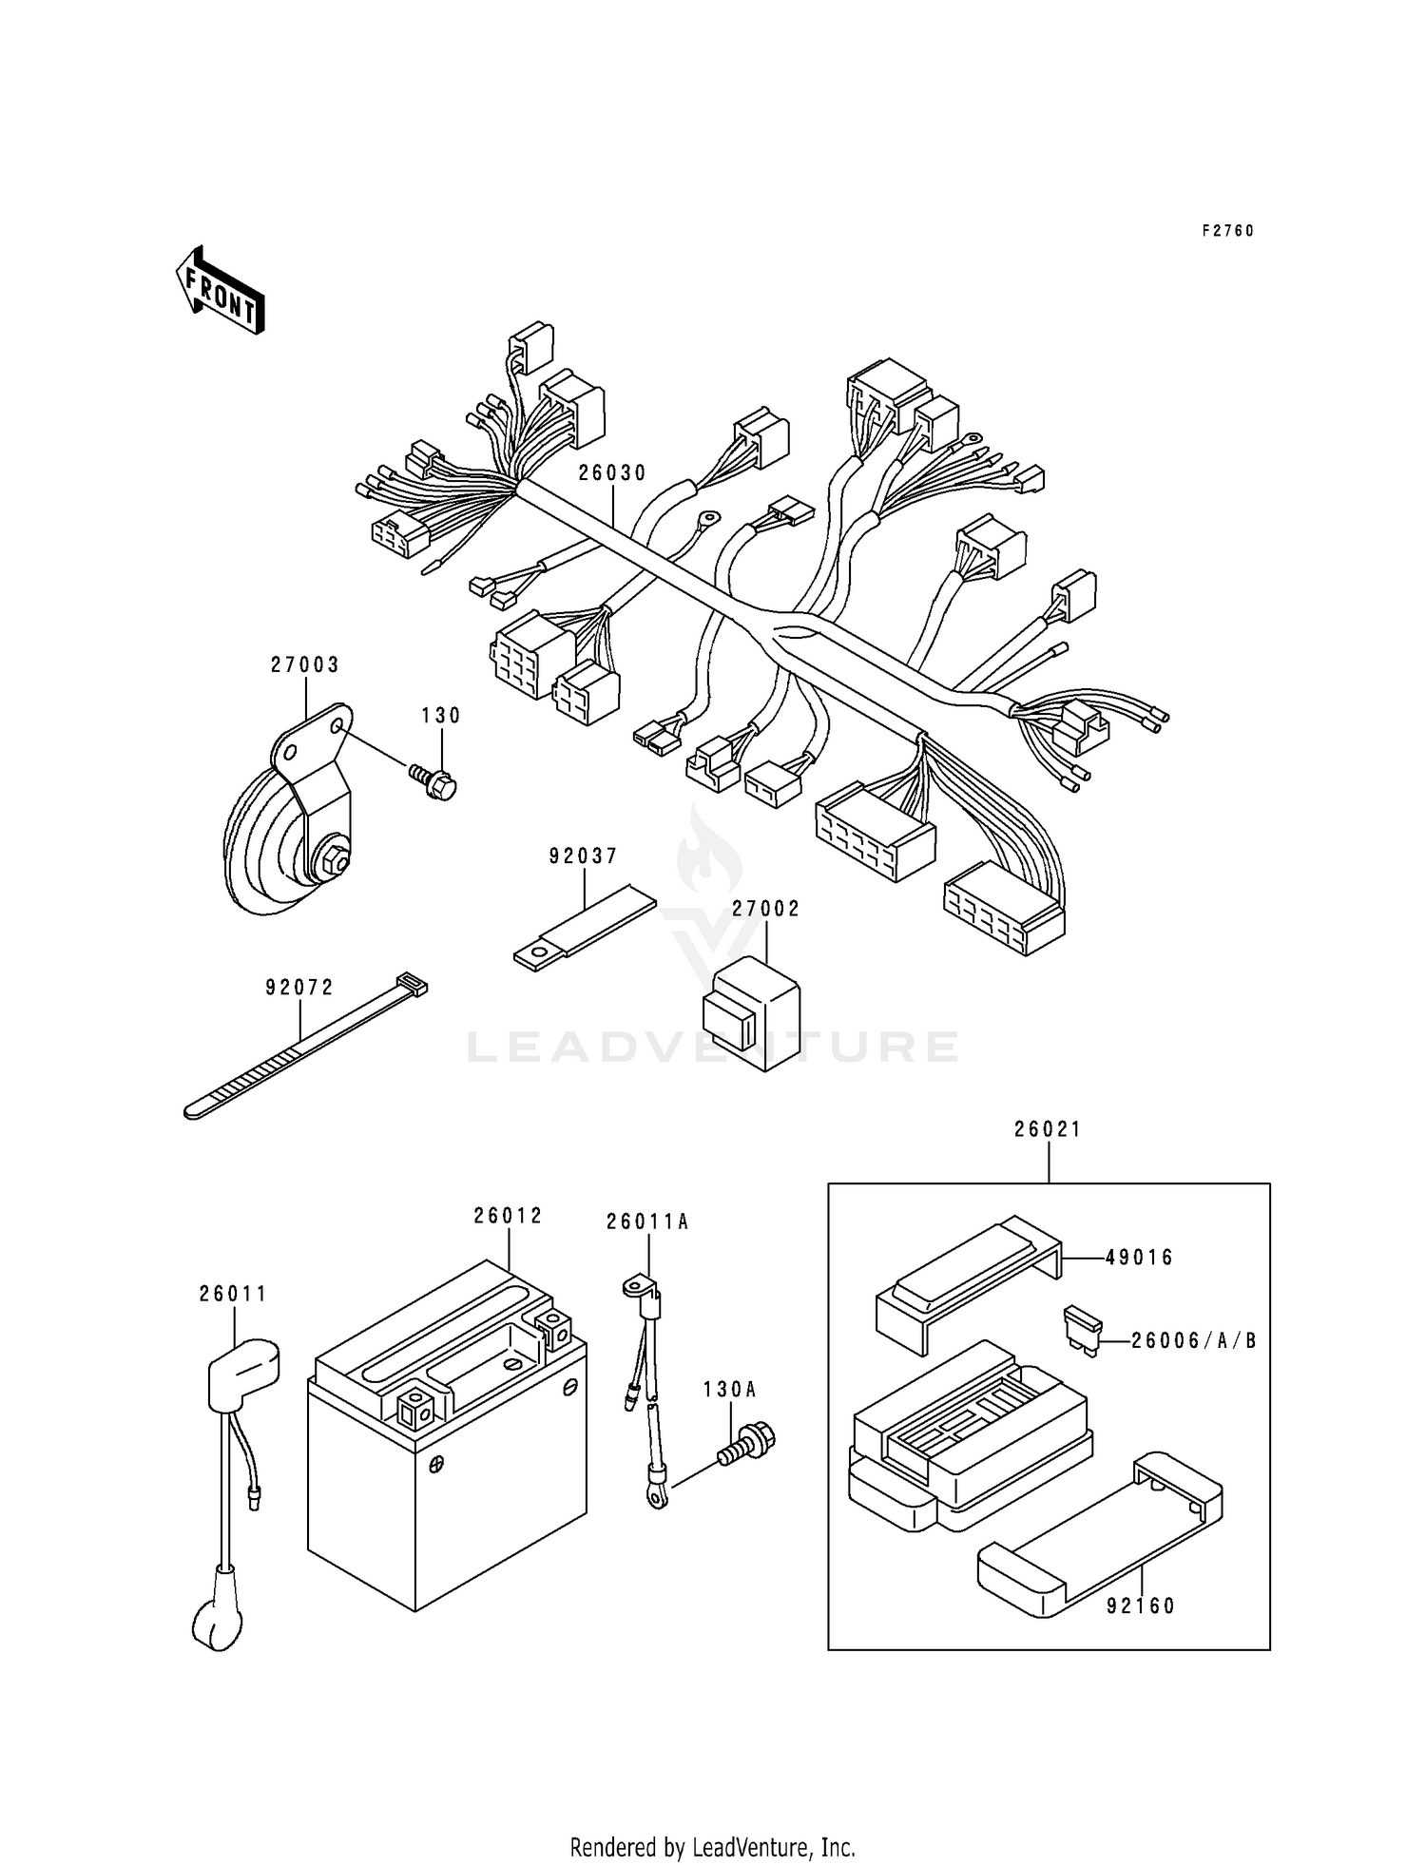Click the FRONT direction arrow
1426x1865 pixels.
point(220,290)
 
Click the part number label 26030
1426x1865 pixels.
point(612,473)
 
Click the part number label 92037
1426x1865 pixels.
point(583,856)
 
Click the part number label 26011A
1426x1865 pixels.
point(647,1222)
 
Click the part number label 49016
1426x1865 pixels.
point(1140,1258)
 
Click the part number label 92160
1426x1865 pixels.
point(1141,1606)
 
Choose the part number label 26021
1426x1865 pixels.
point(1048,1129)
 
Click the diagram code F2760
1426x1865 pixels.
point(1228,231)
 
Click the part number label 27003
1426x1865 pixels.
point(304,665)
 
